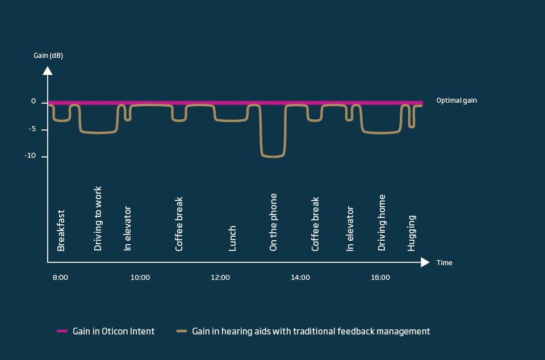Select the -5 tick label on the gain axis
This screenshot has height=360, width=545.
tap(31, 129)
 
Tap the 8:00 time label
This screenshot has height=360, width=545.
tap(60, 278)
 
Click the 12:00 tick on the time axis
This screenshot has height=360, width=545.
tap(220, 278)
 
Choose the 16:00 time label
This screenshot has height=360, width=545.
tap(380, 278)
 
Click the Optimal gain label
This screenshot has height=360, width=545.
tap(456, 101)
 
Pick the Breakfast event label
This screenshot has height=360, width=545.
tap(61, 231)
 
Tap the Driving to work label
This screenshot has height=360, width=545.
tap(98, 219)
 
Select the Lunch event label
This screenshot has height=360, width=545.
tap(232, 238)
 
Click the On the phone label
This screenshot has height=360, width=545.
tap(274, 222)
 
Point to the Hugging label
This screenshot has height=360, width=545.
tap(412, 233)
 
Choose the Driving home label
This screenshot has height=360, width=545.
tap(382, 223)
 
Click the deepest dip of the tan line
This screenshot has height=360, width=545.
tap(272, 156)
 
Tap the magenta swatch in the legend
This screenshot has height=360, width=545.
tap(62, 331)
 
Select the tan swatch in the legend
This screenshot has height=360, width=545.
tap(182, 331)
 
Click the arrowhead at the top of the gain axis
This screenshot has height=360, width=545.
tap(48, 71)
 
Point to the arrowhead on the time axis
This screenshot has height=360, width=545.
tap(425, 262)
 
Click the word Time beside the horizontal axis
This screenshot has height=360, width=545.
tap(445, 263)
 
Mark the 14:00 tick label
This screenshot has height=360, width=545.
tap(300, 278)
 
